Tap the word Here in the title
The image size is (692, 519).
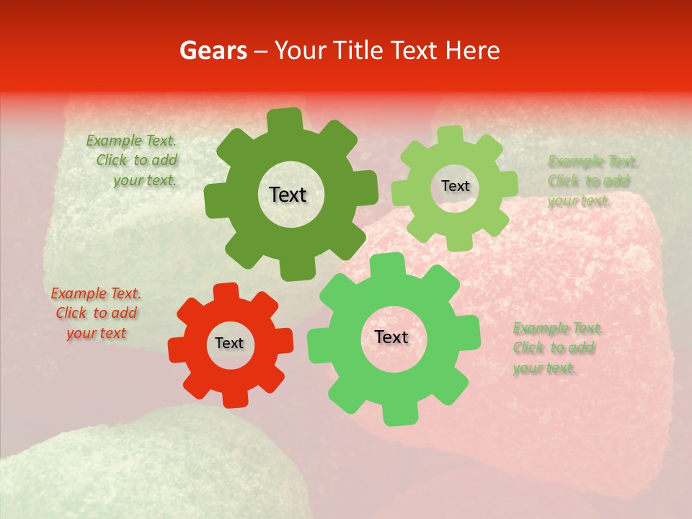pyautogui.click(x=473, y=50)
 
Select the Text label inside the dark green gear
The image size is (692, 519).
pyautogui.click(x=288, y=195)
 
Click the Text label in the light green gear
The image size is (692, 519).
pyautogui.click(x=455, y=186)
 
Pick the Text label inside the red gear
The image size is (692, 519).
pyautogui.click(x=229, y=344)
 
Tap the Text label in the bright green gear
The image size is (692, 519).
pyautogui.click(x=391, y=337)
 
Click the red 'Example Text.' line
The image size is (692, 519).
pyautogui.click(x=96, y=293)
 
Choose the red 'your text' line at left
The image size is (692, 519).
pyautogui.click(x=96, y=333)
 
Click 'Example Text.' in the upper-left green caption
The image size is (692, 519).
pyautogui.click(x=131, y=141)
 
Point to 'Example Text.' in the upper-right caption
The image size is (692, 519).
pyautogui.click(x=593, y=161)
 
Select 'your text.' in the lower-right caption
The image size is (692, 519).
pyautogui.click(x=544, y=368)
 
